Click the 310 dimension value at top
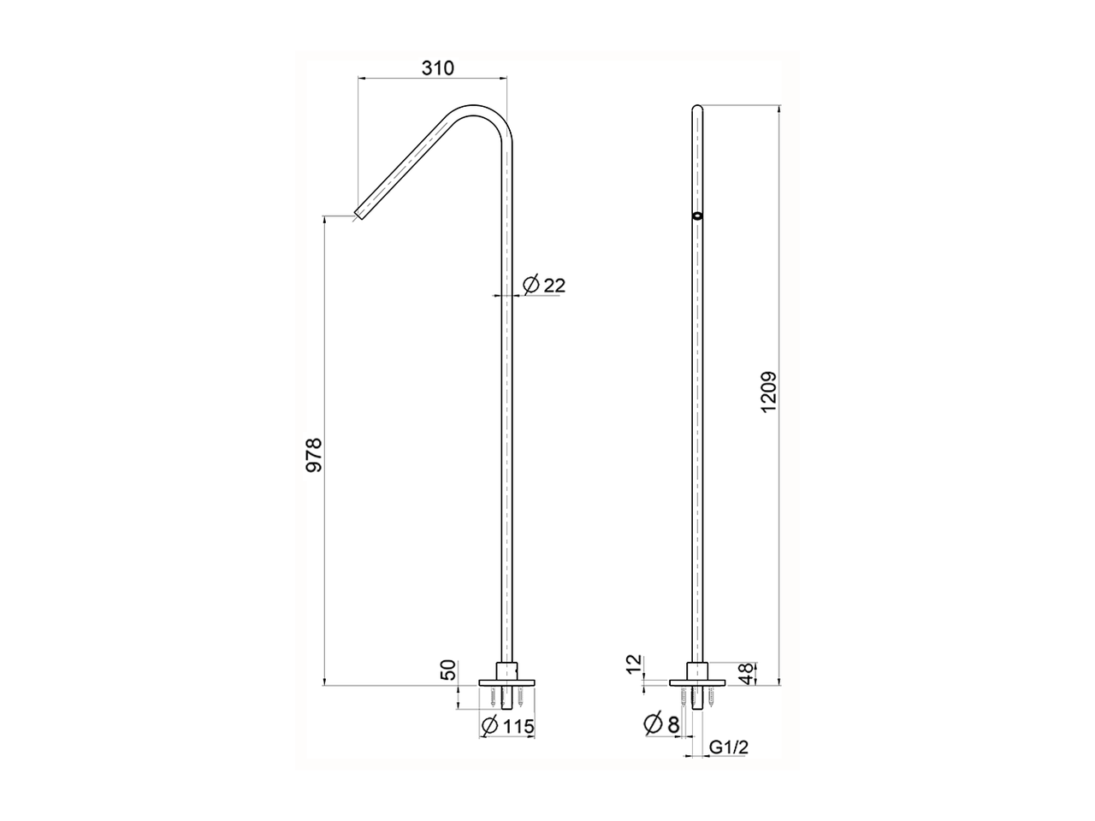(x=437, y=68)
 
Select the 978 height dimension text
(x=314, y=455)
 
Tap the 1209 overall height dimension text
(x=767, y=393)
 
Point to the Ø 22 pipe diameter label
(x=544, y=285)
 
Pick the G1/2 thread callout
(x=730, y=747)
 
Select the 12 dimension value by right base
(x=633, y=664)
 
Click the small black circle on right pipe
(x=698, y=216)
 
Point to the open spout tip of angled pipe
(x=360, y=210)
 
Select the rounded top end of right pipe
(x=698, y=109)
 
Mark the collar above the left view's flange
(x=508, y=670)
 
